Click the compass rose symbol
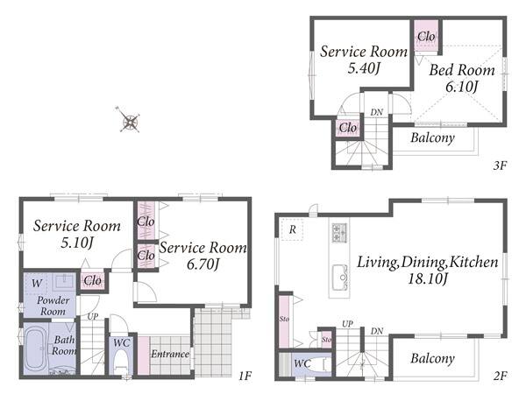pos(129,121)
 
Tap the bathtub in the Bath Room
pos(36,348)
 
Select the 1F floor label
pos(245,376)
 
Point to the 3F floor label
pos(500,165)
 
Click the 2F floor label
pos(500,376)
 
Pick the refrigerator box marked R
pos(293,229)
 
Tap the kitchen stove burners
pos(339,233)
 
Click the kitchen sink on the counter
pos(339,278)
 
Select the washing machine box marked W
pos(37,284)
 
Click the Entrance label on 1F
pos(170,354)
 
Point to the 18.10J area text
pos(428,278)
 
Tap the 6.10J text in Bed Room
pos(461,87)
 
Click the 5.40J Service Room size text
pos(364,68)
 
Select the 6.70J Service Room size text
pos(203,264)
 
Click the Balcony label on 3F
pos(433,137)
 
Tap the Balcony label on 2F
pos(433,358)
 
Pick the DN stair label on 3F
pos(377,113)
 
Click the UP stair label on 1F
pos(93,316)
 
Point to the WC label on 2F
pos(302,364)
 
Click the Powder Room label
pos(53,306)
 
